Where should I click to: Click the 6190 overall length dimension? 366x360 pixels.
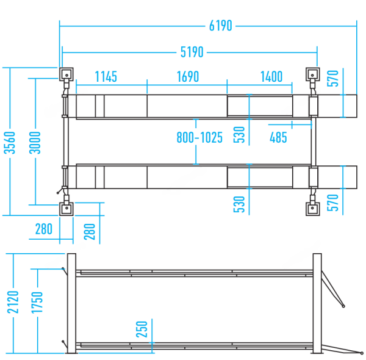pyautogui.click(x=220, y=26)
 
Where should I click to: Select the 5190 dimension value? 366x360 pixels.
pyautogui.click(x=192, y=52)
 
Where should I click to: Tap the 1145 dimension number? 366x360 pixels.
pyautogui.click(x=106, y=77)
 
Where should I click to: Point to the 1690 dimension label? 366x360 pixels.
pyautogui.click(x=187, y=77)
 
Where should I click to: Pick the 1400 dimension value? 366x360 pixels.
pyautogui.click(x=271, y=77)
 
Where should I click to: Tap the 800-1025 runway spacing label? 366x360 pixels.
pyautogui.click(x=199, y=137)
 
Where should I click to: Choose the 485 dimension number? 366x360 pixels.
pyautogui.click(x=278, y=137)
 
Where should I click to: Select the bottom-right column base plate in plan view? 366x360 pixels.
pyautogui.click(x=313, y=209)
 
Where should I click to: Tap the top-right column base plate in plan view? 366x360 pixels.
pyautogui.click(x=313, y=75)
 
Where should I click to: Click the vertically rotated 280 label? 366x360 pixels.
pyautogui.click(x=90, y=232)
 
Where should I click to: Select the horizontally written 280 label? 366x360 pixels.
pyautogui.click(x=44, y=230)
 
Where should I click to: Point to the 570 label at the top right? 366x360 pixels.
pyautogui.click(x=332, y=78)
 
